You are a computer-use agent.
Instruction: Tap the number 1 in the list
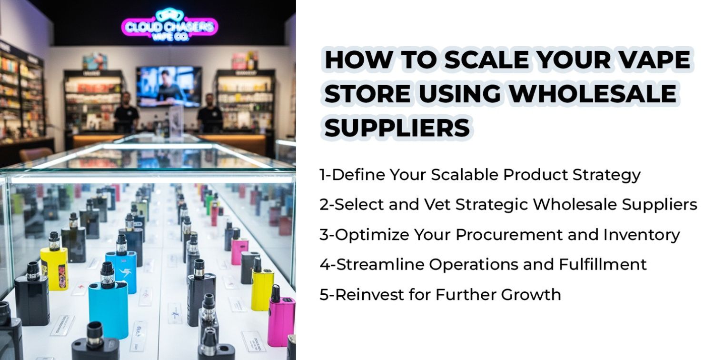click(x=323, y=175)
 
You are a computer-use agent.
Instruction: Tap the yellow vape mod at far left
click(x=54, y=267)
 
